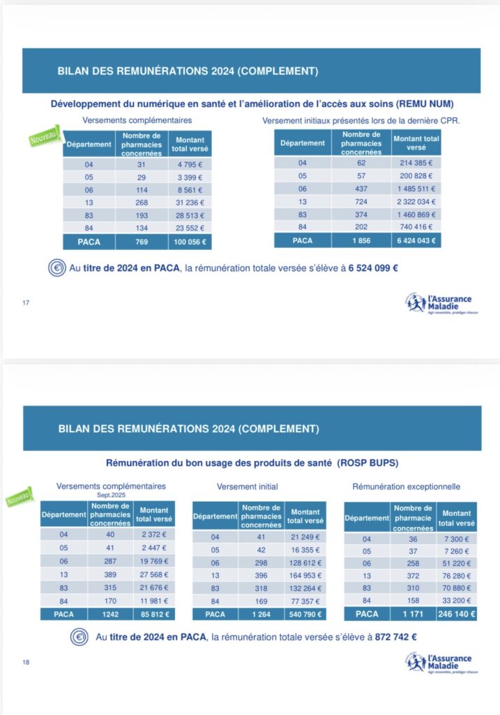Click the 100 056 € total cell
tap(190, 242)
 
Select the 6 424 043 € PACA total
tap(416, 240)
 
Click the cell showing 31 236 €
tap(190, 202)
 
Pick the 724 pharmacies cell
tap(362, 201)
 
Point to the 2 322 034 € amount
tap(416, 201)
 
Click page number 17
tap(26, 302)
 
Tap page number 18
tap(26, 662)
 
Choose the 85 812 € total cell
tap(155, 614)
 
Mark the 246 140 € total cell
tap(457, 614)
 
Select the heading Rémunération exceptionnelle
tap(406, 486)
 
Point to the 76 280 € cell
tap(457, 575)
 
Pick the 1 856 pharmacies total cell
tap(362, 240)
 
